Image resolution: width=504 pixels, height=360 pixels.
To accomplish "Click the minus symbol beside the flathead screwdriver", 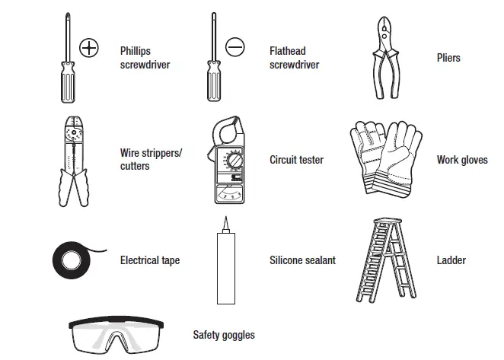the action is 235,47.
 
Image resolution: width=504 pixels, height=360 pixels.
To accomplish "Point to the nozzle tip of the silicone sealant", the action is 225,223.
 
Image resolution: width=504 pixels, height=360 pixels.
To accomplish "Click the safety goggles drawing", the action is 122,335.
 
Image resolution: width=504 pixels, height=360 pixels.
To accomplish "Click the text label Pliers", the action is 448,58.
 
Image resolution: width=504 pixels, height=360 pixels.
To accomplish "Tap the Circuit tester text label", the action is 296,160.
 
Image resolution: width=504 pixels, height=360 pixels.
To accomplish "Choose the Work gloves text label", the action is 462,160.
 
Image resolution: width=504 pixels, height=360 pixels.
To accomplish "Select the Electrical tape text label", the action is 150,260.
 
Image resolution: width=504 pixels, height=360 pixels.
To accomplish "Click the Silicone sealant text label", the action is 302,260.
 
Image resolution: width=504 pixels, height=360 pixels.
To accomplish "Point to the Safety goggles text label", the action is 224,335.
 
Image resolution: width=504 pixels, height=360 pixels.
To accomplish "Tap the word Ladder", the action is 451,260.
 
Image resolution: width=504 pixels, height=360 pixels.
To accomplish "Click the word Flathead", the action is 288,52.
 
